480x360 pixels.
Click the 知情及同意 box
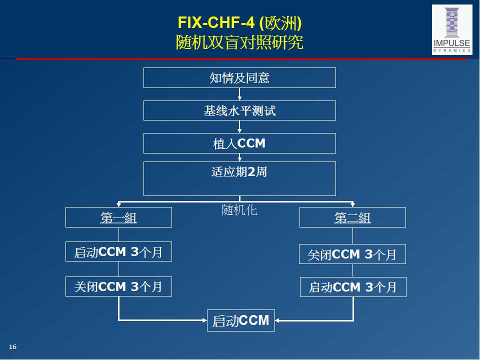(x=239, y=78)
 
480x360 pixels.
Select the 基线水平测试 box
(x=239, y=110)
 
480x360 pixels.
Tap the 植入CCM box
(x=239, y=143)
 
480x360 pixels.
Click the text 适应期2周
(x=239, y=172)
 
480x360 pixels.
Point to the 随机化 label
(x=239, y=210)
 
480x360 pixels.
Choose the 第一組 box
(x=118, y=217)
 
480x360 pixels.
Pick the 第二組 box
(x=352, y=217)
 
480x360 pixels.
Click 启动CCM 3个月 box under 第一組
(x=118, y=251)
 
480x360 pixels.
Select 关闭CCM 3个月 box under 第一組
(x=118, y=286)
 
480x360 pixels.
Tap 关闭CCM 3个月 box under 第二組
(x=352, y=254)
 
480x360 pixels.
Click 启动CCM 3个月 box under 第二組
(x=352, y=287)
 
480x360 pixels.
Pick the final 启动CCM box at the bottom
(x=240, y=320)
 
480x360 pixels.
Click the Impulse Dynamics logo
(x=451, y=29)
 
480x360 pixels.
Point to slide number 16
(x=13, y=347)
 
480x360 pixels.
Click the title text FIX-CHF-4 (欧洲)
(x=239, y=23)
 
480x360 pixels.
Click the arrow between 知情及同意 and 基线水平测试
(x=239, y=94)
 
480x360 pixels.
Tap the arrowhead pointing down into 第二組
(x=352, y=204)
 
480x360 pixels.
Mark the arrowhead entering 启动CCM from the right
(x=278, y=320)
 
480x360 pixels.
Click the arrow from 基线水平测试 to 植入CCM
(x=239, y=127)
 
